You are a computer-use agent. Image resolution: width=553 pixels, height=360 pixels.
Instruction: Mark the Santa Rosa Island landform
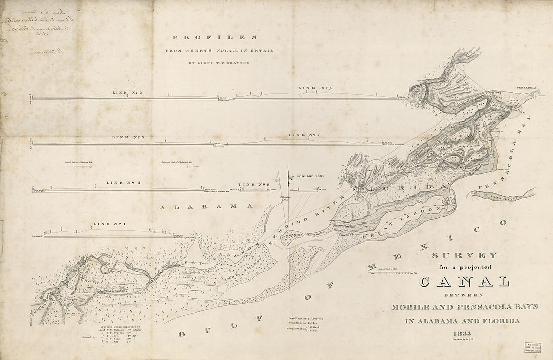[503, 196]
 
